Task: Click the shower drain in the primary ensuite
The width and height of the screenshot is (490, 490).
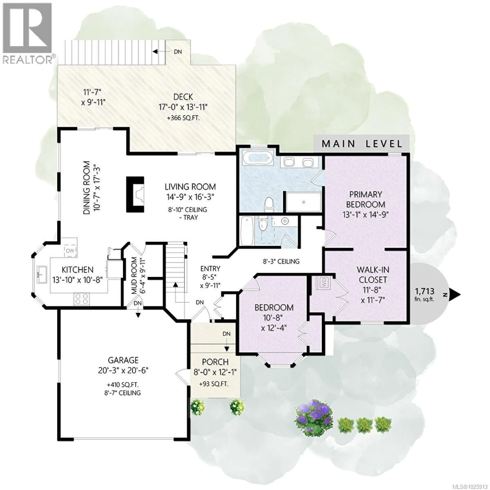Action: pyautogui.click(x=304, y=202)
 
